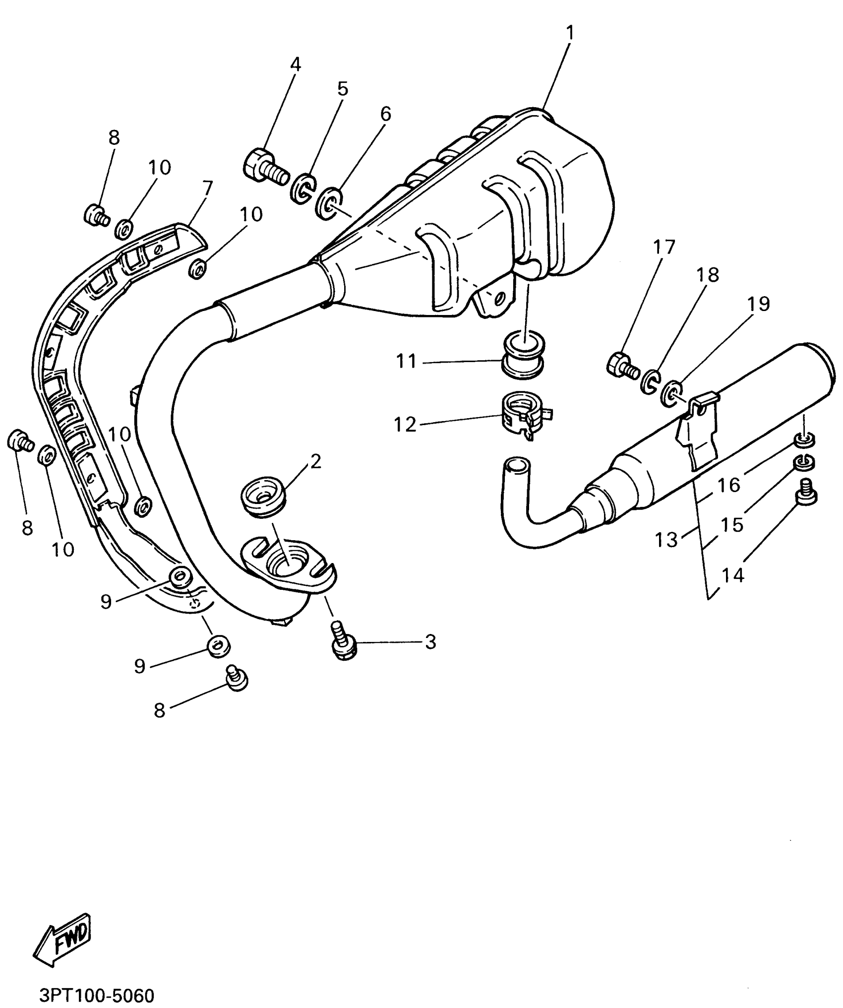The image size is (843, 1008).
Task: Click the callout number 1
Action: coord(570,33)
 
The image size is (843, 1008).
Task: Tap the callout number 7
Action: coord(207,189)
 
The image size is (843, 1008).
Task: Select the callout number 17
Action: coord(664,247)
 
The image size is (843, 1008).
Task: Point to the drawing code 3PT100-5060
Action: coord(97,995)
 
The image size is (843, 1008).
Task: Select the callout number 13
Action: coord(666,540)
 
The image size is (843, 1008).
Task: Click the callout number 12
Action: coord(405,425)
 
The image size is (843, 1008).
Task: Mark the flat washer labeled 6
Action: coord(328,201)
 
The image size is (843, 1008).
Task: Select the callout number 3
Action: coord(430,642)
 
